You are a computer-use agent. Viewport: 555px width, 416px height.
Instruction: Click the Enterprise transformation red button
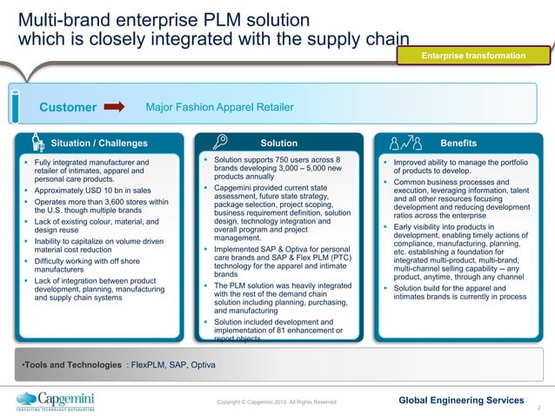pyautogui.click(x=473, y=56)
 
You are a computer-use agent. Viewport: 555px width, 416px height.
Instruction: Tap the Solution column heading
pyautogui.click(x=278, y=143)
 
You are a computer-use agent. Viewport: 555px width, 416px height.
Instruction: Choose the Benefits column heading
pyautogui.click(x=458, y=143)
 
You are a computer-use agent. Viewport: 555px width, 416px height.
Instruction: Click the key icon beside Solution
pyautogui.click(x=220, y=143)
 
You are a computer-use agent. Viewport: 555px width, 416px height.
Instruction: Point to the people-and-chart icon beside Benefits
pyautogui.click(x=405, y=143)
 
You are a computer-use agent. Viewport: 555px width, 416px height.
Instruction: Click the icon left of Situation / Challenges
pyautogui.click(x=37, y=143)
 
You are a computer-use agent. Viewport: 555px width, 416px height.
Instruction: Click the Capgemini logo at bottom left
pyautogui.click(x=56, y=400)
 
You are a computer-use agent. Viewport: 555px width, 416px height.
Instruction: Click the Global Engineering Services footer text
pyautogui.click(x=460, y=399)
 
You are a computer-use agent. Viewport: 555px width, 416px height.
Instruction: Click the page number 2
pyautogui.click(x=540, y=406)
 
